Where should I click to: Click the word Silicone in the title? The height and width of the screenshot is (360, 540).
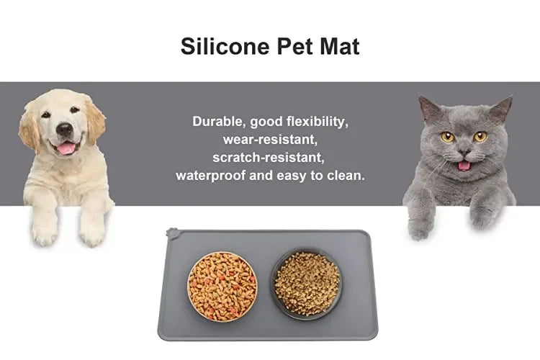[x=224, y=47]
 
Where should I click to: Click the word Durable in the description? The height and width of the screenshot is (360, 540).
[x=218, y=121]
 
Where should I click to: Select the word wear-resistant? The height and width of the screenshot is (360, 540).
[x=270, y=139]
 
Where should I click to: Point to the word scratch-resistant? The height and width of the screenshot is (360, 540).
[x=269, y=156]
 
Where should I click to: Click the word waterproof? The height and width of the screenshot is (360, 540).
[x=211, y=175]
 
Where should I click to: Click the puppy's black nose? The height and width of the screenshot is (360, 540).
[x=64, y=130]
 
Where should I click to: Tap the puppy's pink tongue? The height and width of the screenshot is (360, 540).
[x=66, y=148]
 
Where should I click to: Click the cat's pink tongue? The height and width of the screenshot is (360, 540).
[x=465, y=165]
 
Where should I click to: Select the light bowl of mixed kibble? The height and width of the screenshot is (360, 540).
[x=222, y=286]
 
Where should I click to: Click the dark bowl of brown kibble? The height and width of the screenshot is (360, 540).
[x=307, y=284]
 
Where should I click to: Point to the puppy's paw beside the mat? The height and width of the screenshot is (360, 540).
[x=92, y=229]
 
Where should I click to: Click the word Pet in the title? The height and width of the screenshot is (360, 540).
[x=295, y=47]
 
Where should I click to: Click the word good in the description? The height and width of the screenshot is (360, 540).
[x=266, y=121]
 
